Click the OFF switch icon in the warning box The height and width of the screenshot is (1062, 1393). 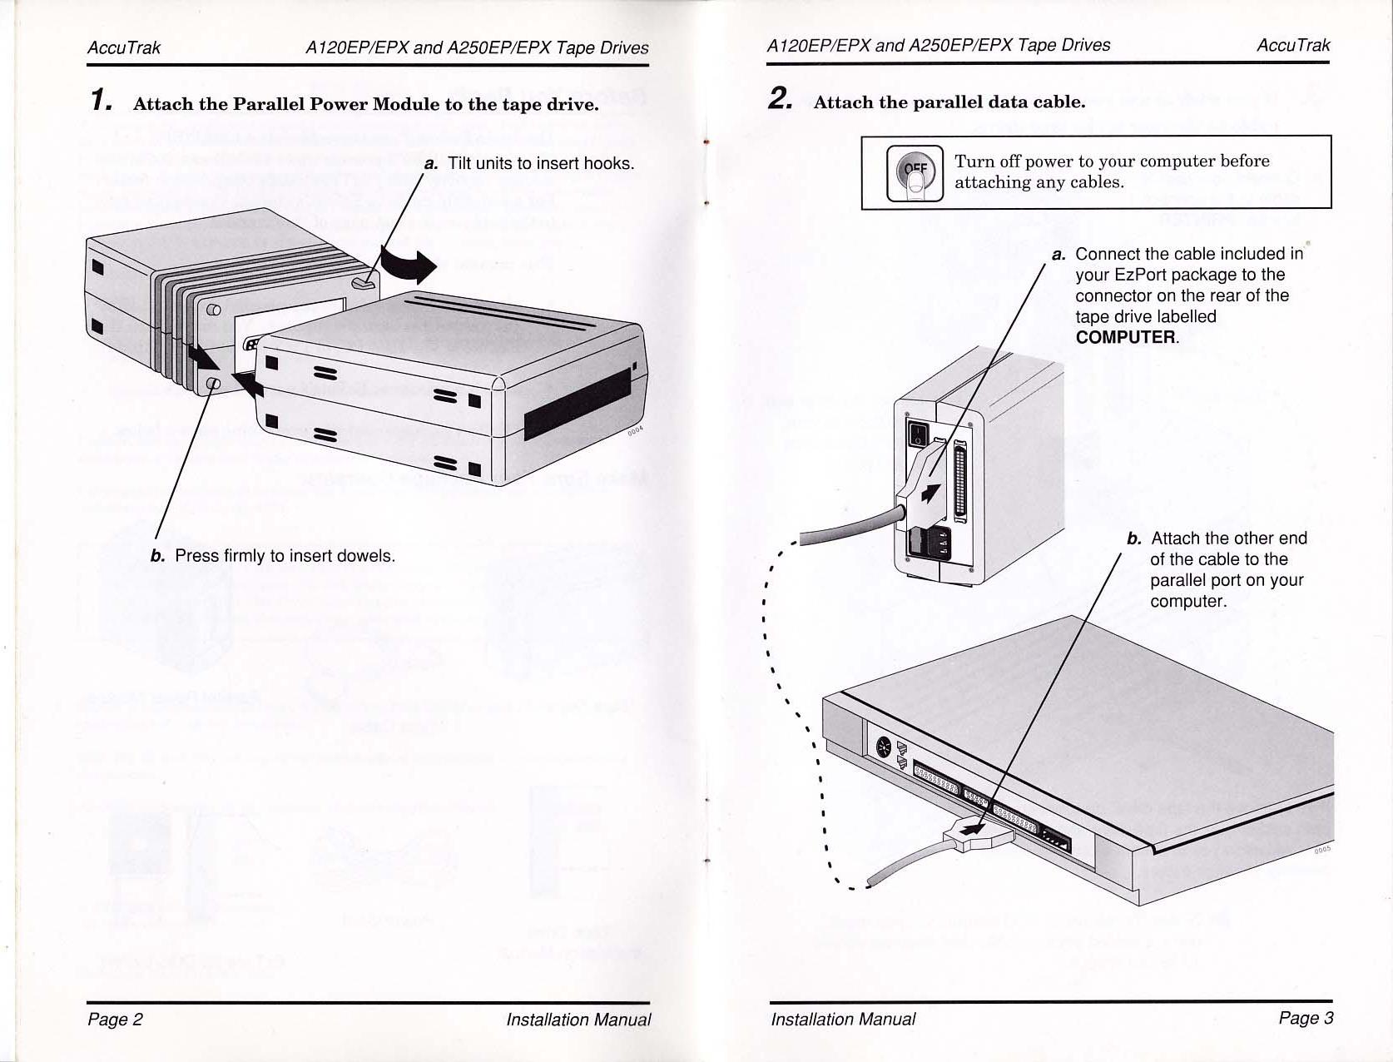[915, 173]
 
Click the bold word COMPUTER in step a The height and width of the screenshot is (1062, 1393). [1126, 337]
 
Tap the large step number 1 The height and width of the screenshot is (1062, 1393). [100, 101]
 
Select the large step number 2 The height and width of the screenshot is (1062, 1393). [780, 99]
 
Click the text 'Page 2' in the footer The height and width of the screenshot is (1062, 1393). [115, 1019]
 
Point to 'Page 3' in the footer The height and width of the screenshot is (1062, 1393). [1306, 1017]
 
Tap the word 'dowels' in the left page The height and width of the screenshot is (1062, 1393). [364, 555]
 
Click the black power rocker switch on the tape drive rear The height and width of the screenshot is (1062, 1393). [916, 432]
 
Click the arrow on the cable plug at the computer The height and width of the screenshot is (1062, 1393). [971, 829]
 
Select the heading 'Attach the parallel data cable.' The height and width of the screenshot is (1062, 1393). [949, 102]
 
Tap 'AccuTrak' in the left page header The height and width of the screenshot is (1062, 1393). [124, 47]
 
